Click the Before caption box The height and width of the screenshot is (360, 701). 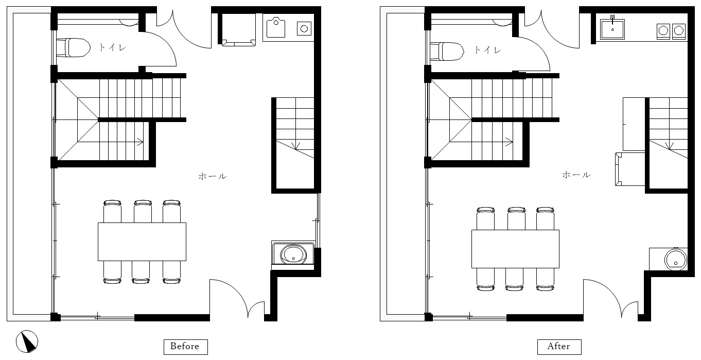point(186,347)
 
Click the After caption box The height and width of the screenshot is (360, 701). point(559,347)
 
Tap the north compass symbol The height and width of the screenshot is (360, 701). point(27,341)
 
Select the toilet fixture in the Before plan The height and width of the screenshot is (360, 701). point(74,47)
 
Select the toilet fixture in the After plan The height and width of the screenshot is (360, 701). point(447,52)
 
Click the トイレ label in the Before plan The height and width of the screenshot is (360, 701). point(113,47)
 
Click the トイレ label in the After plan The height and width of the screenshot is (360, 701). point(487,50)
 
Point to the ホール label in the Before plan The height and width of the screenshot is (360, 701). point(213,176)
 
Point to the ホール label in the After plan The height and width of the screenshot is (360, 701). point(576,175)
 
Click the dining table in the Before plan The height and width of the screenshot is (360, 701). point(142,242)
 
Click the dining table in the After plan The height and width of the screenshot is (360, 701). point(515,249)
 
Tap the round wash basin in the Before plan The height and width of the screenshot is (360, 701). point(293,254)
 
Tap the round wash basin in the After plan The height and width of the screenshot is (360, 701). point(675,259)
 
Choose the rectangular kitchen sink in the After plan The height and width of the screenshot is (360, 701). point(612,29)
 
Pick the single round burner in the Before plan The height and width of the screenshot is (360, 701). point(304,28)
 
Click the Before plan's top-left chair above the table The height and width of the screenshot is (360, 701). point(112,211)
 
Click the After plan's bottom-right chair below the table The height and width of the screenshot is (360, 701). point(545,279)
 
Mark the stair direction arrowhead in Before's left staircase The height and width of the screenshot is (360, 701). point(141,142)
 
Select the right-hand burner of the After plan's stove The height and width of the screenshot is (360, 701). point(679,31)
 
